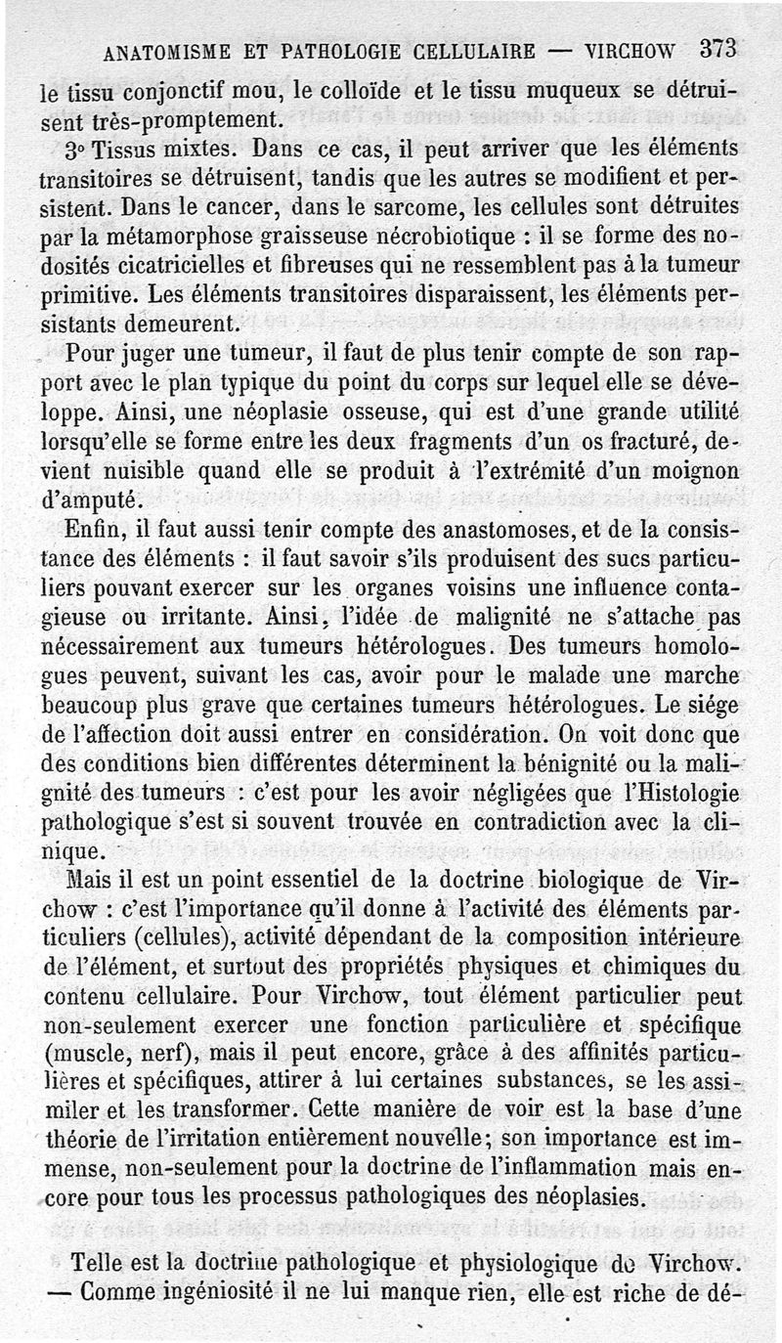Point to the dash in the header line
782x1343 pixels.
point(559,51)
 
